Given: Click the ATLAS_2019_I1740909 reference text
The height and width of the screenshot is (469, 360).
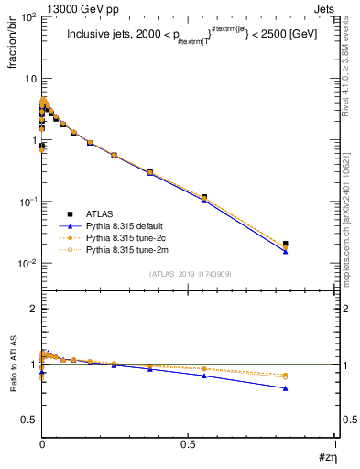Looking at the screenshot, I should [189, 274].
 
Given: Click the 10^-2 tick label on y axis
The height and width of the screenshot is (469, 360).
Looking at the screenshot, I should [26, 263].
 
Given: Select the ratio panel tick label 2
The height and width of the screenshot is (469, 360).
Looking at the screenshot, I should [32, 310].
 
